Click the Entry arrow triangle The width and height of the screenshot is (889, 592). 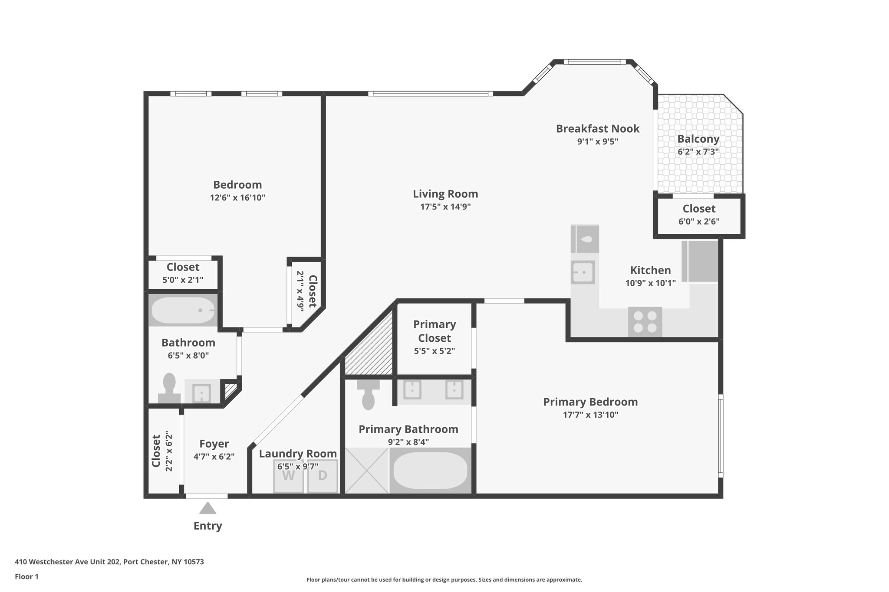point(207,508)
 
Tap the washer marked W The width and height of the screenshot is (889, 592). point(288,476)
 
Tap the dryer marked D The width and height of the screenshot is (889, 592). point(323,476)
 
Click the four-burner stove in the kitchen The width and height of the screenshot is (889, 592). point(645,322)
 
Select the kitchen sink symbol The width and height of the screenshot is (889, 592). point(583,272)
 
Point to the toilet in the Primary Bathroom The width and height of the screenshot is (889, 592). point(368,396)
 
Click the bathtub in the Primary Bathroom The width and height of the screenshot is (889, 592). point(430,471)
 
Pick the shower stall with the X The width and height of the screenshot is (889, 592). point(367,471)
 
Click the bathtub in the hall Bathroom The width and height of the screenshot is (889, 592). point(183,310)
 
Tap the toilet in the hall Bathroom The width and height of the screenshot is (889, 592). point(169,388)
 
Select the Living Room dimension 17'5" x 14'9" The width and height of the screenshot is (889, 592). point(445,207)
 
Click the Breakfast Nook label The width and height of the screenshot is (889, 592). point(597,129)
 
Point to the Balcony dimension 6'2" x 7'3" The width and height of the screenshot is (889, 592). point(698,152)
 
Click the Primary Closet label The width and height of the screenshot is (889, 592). point(434,331)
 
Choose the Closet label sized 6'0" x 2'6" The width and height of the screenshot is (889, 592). point(699,209)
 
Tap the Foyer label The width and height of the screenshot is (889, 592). point(214,444)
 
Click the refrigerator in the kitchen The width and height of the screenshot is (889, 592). point(700,261)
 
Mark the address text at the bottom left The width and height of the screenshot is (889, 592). point(109,562)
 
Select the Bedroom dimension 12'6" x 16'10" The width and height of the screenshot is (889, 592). point(237,198)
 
